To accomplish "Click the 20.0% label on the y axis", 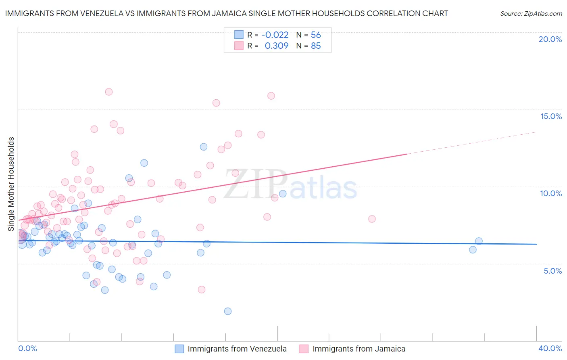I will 550,39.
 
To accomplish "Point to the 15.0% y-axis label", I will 551,116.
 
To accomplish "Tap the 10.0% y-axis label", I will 551,193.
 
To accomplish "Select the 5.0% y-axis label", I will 552,271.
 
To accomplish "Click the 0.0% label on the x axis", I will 27,348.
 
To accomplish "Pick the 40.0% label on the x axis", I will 550,348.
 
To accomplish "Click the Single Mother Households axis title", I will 11,184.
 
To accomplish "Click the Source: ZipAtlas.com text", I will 531,13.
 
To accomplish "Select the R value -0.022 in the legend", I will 275,35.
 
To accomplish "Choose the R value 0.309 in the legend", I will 276,46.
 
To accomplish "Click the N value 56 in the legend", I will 316,35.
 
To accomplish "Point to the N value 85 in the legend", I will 316,46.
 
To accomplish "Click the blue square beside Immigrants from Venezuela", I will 179,349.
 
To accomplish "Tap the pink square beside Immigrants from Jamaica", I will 304,349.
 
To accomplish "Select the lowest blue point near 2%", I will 228,311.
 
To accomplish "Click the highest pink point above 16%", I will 108,92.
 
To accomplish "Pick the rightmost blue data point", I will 479,241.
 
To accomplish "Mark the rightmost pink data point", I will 372,219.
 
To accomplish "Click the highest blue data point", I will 204,147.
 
